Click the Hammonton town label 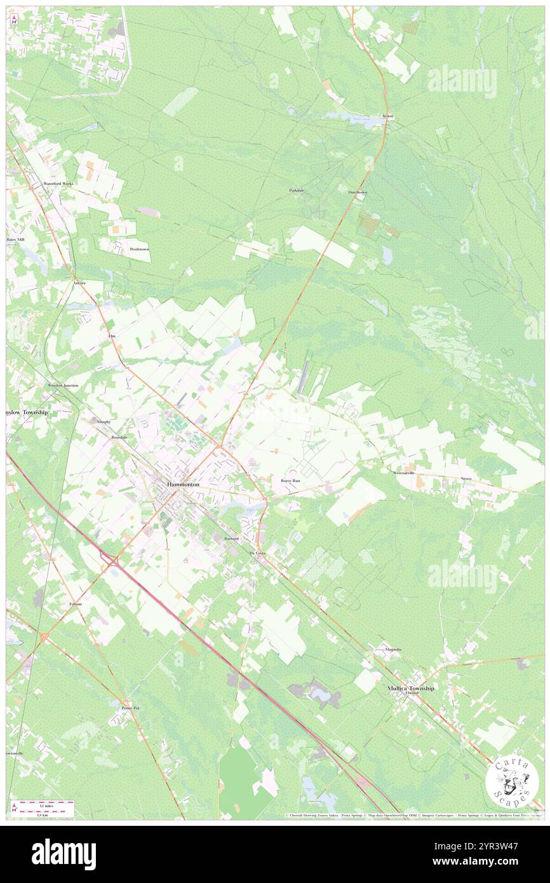[183, 484]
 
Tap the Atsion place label [387, 116]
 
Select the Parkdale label [297, 191]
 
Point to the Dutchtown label [357, 192]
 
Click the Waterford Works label [58, 183]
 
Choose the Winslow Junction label [63, 386]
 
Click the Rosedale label [119, 438]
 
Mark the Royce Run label [290, 481]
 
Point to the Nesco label [467, 478]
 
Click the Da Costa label [257, 554]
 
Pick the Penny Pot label [130, 707]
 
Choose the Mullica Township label [411, 688]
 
